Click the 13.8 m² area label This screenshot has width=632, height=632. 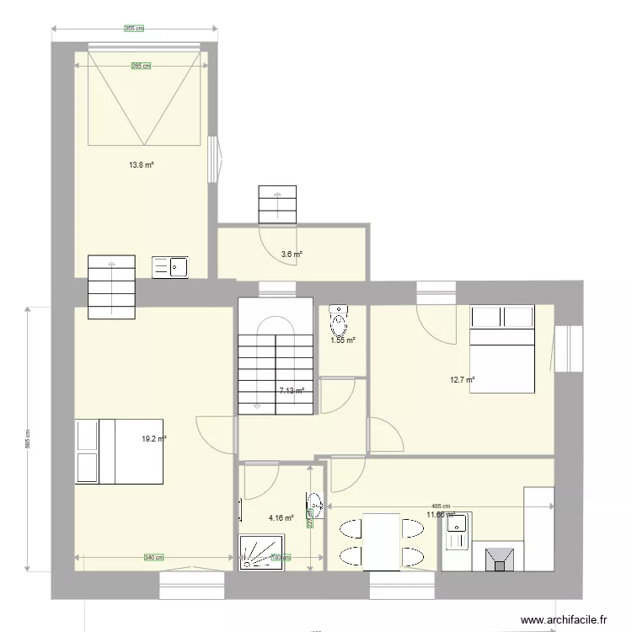tap(141, 165)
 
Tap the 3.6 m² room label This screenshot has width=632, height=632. tap(292, 254)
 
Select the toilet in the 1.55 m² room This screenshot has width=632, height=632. tap(338, 319)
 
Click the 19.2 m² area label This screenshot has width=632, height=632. tap(154, 439)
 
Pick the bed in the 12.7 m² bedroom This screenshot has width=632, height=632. tap(502, 349)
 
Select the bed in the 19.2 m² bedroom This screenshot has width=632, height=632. tap(119, 452)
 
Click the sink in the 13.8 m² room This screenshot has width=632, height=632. tap(170, 267)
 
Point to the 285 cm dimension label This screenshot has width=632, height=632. tap(141, 66)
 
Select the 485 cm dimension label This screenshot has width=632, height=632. tap(440, 506)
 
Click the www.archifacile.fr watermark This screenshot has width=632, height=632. tap(564, 620)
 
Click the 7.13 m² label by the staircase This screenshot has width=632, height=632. tap(291, 391)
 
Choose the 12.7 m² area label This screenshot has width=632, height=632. tap(463, 380)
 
